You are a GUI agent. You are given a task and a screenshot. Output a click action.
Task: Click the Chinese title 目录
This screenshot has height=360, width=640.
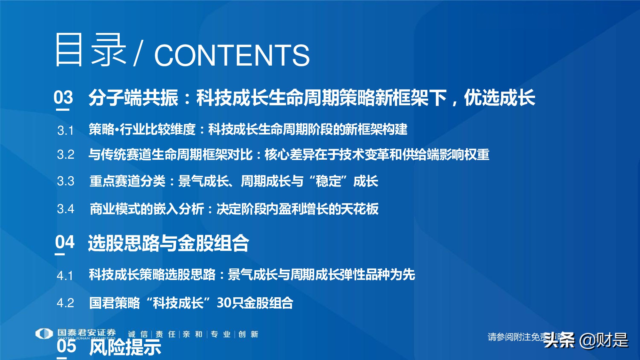pyautogui.click(x=91, y=50)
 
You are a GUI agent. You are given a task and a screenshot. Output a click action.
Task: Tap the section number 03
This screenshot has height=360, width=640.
pyautogui.click(x=63, y=97)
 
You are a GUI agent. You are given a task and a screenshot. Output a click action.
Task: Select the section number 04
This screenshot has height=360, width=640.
pyautogui.click(x=65, y=242)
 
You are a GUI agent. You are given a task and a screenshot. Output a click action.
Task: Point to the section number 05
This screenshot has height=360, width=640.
pyautogui.click(x=67, y=346)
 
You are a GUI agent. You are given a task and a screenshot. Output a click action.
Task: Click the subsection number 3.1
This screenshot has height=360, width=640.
pyautogui.click(x=66, y=131)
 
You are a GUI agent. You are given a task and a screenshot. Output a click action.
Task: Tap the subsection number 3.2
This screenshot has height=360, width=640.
pyautogui.click(x=66, y=155)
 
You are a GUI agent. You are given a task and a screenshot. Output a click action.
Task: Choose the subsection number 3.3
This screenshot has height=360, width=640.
pyautogui.click(x=66, y=181)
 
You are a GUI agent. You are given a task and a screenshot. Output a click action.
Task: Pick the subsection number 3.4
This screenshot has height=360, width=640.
pyautogui.click(x=66, y=209)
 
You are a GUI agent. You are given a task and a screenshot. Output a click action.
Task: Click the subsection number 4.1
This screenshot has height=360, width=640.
pyautogui.click(x=65, y=276)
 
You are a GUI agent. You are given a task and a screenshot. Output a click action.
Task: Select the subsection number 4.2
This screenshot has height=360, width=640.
pyautogui.click(x=65, y=303)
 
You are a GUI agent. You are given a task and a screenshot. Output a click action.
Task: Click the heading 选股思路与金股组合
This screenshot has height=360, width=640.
pyautogui.click(x=168, y=243)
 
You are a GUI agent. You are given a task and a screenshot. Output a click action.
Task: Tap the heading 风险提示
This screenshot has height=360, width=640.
pyautogui.click(x=125, y=348)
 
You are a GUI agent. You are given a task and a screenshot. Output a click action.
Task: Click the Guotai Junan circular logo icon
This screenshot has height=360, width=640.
pyautogui.click(x=44, y=333)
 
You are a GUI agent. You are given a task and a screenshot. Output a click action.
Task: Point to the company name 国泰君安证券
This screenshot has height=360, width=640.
pyautogui.click(x=86, y=333)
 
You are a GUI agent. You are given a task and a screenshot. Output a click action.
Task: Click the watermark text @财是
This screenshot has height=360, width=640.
pyautogui.click(x=604, y=340)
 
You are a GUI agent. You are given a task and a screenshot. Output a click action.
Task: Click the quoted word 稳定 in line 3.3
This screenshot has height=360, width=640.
pyautogui.click(x=328, y=181)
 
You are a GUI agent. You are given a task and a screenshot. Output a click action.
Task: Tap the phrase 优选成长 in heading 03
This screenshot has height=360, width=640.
pyautogui.click(x=499, y=98)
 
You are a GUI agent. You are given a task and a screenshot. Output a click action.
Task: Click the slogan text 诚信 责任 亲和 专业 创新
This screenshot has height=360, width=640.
pyautogui.click(x=193, y=334)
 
